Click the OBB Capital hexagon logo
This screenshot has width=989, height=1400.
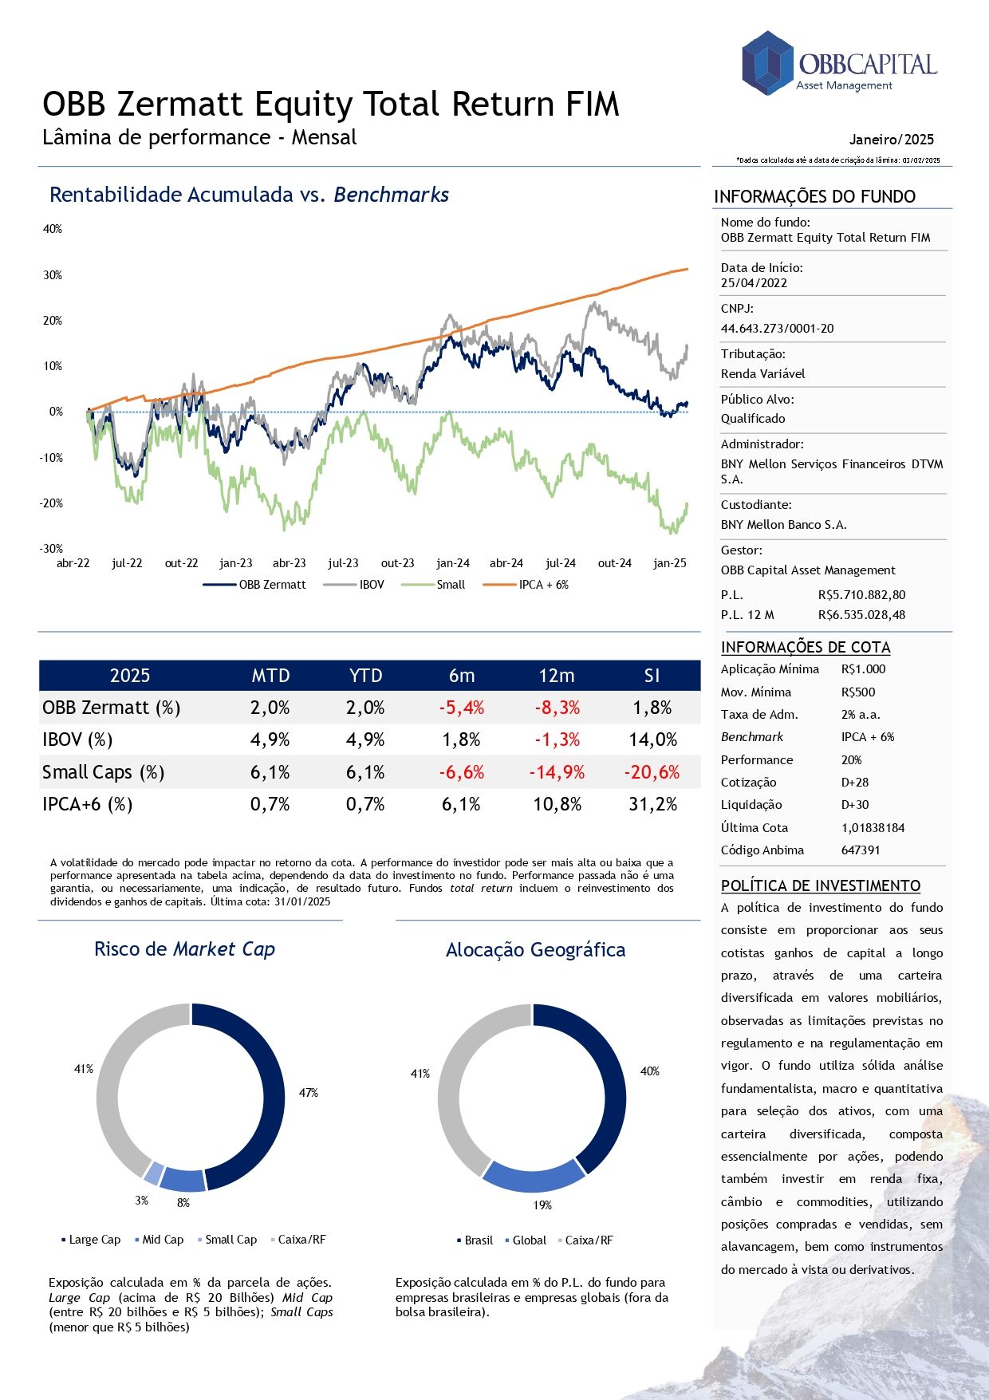[767, 62]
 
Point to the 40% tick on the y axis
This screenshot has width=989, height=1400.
[53, 229]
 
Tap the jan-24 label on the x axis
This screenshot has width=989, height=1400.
[452, 563]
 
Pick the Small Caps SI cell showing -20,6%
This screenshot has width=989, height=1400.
[652, 772]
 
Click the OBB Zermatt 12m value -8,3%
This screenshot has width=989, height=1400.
[557, 708]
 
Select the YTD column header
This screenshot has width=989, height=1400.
[365, 676]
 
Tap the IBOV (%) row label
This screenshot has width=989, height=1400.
[77, 739]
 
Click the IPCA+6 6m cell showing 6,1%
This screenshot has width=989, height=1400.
[461, 804]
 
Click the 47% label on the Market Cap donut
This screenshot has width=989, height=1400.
[309, 1093]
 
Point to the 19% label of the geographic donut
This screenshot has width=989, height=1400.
[542, 1205]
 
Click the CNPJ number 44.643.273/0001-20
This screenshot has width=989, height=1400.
[777, 329]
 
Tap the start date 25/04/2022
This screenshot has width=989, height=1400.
[754, 283]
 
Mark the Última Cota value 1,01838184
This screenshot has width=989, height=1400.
[873, 828]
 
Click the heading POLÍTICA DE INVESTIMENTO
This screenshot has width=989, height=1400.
[821, 885]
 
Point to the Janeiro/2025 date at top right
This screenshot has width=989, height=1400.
[891, 140]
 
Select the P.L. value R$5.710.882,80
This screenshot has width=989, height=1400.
[861, 595]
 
